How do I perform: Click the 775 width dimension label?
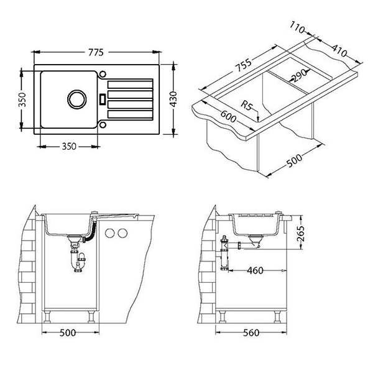(96, 52)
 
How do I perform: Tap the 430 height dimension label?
(174, 99)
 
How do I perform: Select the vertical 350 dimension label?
(22, 99)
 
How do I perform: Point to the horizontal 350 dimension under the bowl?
(69, 146)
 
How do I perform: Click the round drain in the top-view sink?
(77, 99)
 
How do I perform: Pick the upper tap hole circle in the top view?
(103, 74)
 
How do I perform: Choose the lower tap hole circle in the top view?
(103, 125)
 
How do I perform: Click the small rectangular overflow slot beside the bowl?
(103, 99)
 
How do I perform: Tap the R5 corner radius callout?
(246, 106)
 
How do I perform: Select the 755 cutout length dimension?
(243, 65)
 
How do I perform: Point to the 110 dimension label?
(297, 27)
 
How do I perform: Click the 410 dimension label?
(339, 51)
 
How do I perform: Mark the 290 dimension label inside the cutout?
(299, 75)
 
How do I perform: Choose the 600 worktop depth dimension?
(228, 116)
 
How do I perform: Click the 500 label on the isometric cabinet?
(295, 160)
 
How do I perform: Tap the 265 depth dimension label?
(301, 233)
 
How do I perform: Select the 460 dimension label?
(255, 270)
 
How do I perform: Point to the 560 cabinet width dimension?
(251, 333)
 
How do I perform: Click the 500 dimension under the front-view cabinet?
(68, 333)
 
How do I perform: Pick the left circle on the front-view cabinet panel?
(109, 233)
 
